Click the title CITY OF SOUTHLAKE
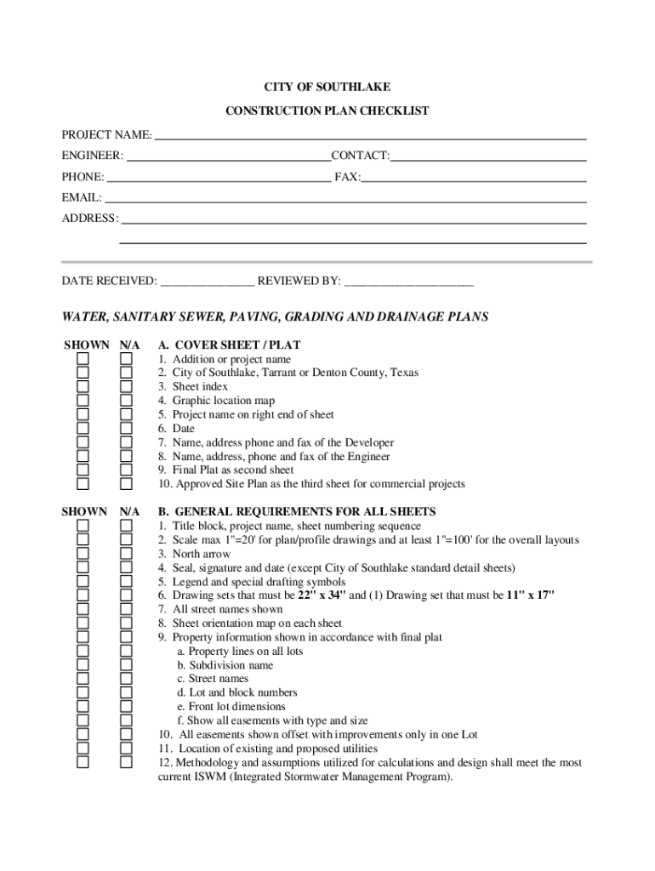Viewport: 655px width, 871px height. [x=327, y=88]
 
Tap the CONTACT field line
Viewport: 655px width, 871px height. [x=488, y=157]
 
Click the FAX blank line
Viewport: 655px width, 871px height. [x=474, y=179]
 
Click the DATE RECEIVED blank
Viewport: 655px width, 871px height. [x=207, y=282]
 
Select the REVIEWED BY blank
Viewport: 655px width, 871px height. [x=408, y=282]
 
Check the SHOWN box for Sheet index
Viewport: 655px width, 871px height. [x=83, y=387]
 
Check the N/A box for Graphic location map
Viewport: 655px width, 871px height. [x=126, y=401]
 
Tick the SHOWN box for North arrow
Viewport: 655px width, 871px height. [x=83, y=555]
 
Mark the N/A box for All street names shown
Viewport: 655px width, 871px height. [x=126, y=610]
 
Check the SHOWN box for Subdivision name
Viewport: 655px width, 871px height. [x=83, y=665]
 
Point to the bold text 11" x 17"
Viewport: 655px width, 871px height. [x=530, y=595]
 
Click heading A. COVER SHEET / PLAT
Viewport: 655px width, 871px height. [x=229, y=345]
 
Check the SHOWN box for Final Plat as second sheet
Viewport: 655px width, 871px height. [x=83, y=470]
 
